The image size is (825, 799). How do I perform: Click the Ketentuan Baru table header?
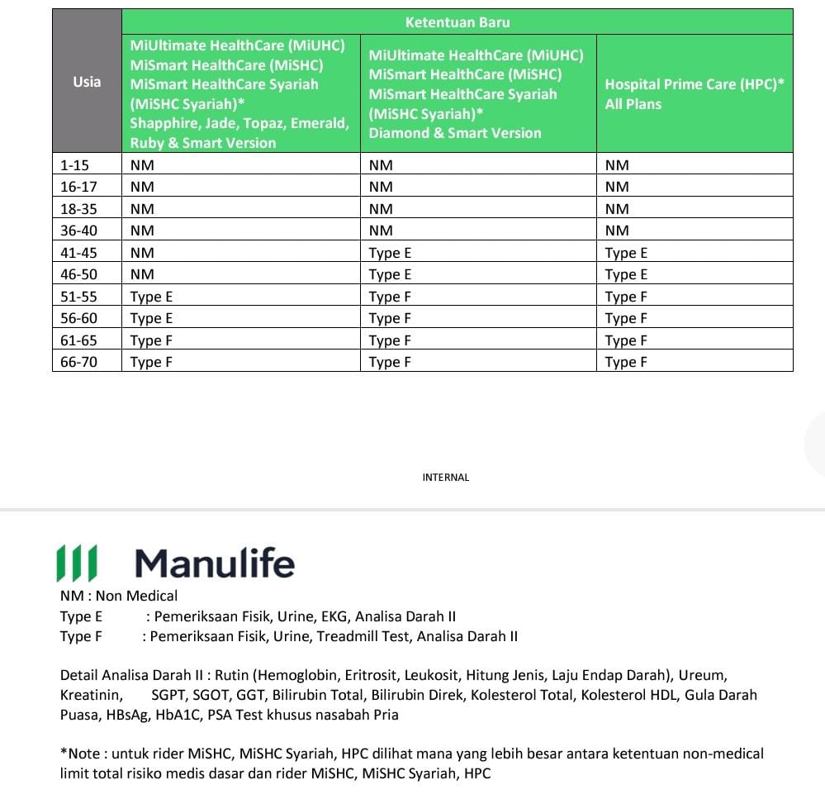pyautogui.click(x=457, y=22)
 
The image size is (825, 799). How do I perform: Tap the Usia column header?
pyautogui.click(x=87, y=81)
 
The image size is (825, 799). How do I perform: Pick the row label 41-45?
pyautogui.click(x=78, y=253)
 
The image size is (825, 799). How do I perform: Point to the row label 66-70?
pyautogui.click(x=78, y=362)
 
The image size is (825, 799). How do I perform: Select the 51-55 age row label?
pyautogui.click(x=78, y=297)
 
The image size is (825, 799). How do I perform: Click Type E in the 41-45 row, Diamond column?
pyautogui.click(x=390, y=253)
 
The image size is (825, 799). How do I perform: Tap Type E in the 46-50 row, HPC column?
pyautogui.click(x=626, y=274)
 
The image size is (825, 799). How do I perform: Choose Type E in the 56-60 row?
pyautogui.click(x=151, y=318)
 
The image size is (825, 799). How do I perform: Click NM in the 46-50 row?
pyautogui.click(x=142, y=274)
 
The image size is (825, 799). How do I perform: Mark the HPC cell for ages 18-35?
pyautogui.click(x=617, y=209)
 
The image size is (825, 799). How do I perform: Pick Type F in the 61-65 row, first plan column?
pyautogui.click(x=151, y=340)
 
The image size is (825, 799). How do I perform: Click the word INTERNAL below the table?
pyautogui.click(x=445, y=478)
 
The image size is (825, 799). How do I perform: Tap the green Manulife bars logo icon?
pyautogui.click(x=76, y=564)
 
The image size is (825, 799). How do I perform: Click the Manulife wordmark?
pyautogui.click(x=215, y=564)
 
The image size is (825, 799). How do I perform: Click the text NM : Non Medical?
pyautogui.click(x=119, y=596)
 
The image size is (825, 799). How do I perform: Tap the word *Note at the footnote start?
pyautogui.click(x=78, y=754)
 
